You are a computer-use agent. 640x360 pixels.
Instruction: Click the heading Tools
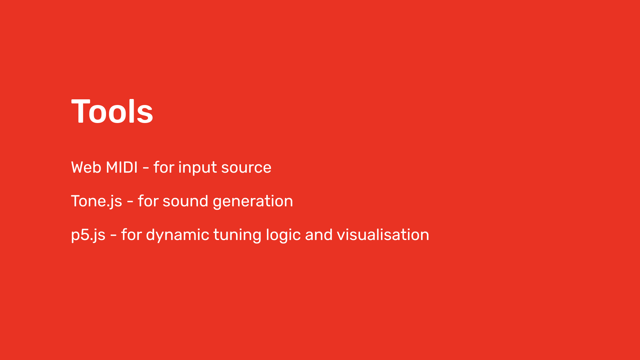(112, 111)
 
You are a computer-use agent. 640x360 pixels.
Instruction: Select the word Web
(86, 167)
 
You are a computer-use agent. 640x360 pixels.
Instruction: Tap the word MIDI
(121, 167)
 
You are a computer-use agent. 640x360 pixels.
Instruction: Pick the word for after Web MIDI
(164, 167)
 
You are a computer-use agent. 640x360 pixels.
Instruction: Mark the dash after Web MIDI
(146, 168)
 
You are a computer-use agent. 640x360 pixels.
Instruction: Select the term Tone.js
(97, 201)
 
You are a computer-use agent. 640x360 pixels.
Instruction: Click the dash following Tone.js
(130, 202)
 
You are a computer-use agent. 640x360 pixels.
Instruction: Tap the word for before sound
(148, 201)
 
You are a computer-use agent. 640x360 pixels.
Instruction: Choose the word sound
(185, 201)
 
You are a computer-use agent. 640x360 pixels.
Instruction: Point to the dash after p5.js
(113, 235)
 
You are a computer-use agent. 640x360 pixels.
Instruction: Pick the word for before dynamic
(131, 234)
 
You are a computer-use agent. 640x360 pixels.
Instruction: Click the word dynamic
(178, 235)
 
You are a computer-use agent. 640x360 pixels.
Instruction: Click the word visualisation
(383, 235)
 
